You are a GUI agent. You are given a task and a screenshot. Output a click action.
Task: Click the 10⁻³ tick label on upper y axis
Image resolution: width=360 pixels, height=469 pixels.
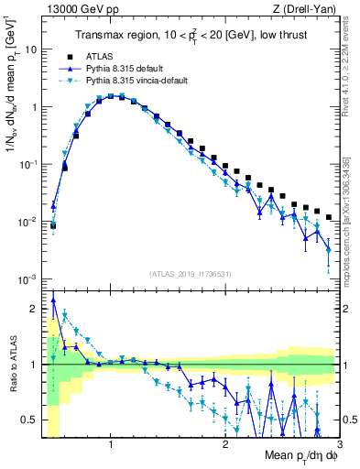(29, 278)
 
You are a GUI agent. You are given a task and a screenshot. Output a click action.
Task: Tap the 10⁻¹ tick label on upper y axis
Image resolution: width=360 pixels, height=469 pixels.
(29, 164)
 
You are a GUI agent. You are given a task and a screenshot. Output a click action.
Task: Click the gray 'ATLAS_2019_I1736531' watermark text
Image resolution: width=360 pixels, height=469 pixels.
(191, 274)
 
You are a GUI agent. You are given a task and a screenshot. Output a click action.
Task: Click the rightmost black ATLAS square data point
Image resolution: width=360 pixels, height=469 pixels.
(329, 217)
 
